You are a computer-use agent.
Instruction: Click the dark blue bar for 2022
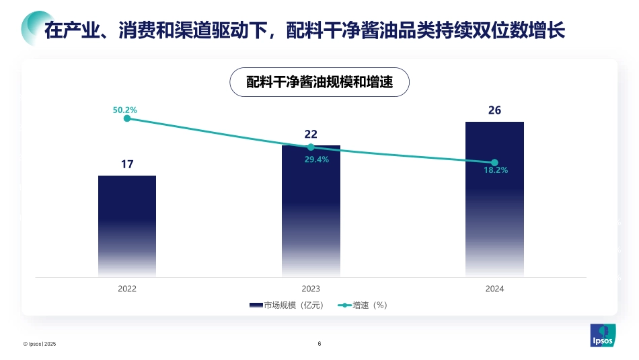(127, 225)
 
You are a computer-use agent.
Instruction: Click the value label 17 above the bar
(127, 164)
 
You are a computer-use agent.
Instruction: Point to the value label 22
(311, 133)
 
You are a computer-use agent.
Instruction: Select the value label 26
(494, 110)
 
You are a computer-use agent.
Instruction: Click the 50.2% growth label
(125, 109)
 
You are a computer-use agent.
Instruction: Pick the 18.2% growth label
(496, 171)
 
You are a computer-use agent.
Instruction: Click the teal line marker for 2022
(127, 118)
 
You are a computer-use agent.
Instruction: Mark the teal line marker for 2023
(311, 147)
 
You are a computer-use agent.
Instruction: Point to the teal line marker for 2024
(494, 162)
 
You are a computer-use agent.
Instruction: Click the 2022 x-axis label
(127, 289)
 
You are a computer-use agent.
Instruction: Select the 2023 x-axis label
(311, 289)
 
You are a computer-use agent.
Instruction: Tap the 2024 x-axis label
(494, 289)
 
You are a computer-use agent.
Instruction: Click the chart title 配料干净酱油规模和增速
(319, 82)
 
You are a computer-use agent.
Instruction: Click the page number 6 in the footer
(319, 344)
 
